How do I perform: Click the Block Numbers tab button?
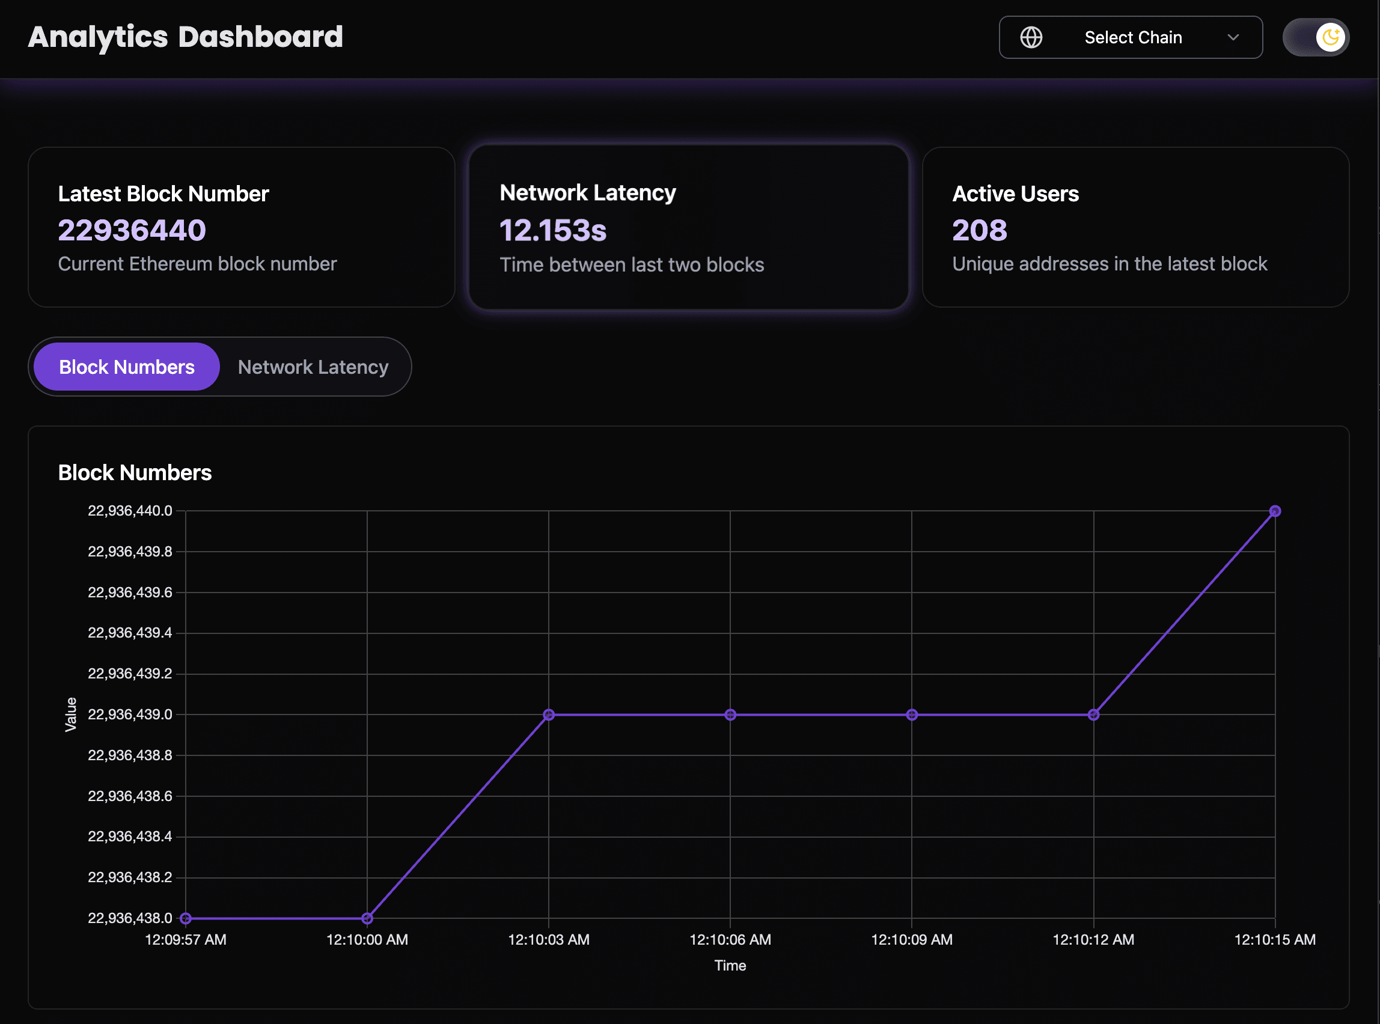click(x=126, y=367)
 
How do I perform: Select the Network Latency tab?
click(x=313, y=367)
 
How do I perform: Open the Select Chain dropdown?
click(x=1131, y=37)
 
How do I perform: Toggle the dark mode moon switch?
click(x=1316, y=37)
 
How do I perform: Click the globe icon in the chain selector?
click(x=1031, y=37)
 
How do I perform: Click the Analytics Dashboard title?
click(x=185, y=37)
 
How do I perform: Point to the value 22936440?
click(x=132, y=230)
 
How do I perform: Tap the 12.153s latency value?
click(x=553, y=230)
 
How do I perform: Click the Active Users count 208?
click(x=980, y=230)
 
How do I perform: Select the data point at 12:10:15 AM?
click(x=1275, y=511)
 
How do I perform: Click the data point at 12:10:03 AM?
click(x=549, y=715)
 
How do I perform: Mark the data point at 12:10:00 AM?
click(x=367, y=918)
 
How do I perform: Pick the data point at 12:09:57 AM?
click(x=185, y=918)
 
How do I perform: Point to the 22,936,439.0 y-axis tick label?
click(x=130, y=714)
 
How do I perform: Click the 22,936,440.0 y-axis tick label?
click(x=130, y=511)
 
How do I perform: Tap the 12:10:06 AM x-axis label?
click(x=730, y=940)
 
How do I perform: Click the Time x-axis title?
click(x=730, y=965)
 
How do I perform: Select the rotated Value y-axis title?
click(x=72, y=714)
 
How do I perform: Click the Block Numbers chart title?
click(x=135, y=473)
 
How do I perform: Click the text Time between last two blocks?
click(x=632, y=264)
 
